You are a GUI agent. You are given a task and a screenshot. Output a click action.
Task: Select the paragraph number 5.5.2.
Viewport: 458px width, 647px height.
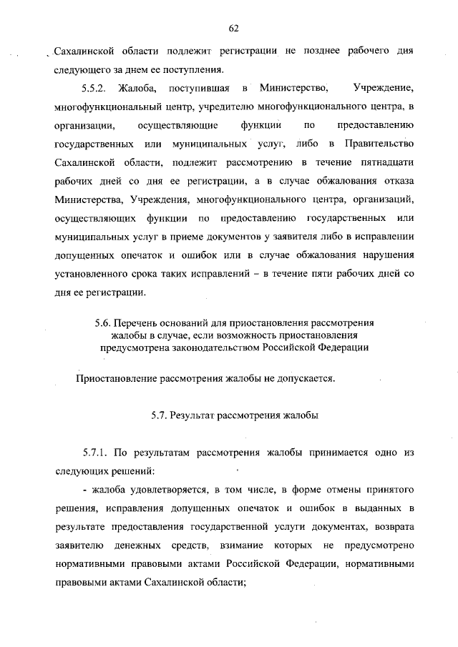coord(91,89)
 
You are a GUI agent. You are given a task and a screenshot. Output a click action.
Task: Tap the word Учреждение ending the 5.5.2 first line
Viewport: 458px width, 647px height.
coord(384,89)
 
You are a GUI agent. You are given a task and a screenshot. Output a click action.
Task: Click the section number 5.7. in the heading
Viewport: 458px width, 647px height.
coord(162,415)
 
